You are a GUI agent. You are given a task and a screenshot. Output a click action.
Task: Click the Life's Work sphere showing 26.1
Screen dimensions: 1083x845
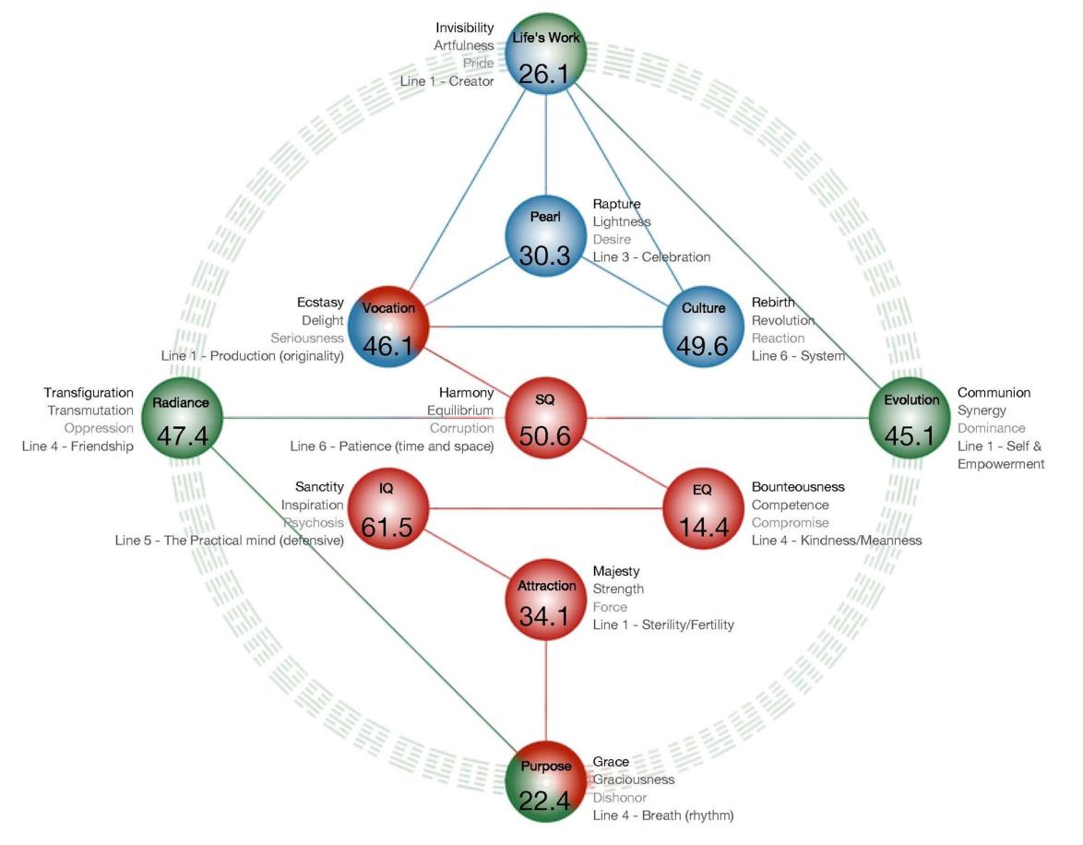(x=545, y=54)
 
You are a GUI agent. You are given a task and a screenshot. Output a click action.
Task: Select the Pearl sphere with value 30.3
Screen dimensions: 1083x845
(x=545, y=236)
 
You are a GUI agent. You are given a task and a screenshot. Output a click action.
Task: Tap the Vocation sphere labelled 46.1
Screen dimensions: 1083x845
(x=389, y=327)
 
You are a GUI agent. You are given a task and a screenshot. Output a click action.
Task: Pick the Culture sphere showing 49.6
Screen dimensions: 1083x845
(x=703, y=327)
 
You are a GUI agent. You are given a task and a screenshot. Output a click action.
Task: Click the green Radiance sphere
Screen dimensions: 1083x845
(x=183, y=418)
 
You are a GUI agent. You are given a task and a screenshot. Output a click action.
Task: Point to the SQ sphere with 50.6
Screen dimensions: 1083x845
(x=545, y=418)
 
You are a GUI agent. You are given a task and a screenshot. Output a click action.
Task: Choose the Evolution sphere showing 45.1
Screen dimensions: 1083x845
(x=910, y=418)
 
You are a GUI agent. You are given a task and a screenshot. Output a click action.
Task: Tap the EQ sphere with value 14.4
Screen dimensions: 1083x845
(x=703, y=508)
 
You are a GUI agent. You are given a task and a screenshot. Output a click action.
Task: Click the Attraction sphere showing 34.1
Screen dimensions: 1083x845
(x=545, y=599)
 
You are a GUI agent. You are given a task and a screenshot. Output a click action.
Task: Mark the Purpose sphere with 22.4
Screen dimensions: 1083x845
(x=545, y=781)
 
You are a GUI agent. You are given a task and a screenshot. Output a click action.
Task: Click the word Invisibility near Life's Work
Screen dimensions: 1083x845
(x=464, y=28)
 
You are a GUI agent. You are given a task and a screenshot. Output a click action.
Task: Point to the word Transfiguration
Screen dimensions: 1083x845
(x=89, y=392)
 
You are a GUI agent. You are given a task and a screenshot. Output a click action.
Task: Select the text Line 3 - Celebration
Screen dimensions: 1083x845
(x=651, y=257)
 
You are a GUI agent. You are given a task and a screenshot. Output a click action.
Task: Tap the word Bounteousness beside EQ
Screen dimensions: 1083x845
(x=798, y=486)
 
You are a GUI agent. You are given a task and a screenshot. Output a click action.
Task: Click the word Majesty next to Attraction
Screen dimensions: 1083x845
(x=616, y=571)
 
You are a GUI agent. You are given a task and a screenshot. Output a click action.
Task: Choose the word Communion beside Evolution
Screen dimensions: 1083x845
(x=994, y=392)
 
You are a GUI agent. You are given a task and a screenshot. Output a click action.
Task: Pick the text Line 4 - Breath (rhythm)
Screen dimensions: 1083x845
(x=663, y=815)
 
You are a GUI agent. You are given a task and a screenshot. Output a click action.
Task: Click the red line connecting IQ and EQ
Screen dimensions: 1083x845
(x=545, y=508)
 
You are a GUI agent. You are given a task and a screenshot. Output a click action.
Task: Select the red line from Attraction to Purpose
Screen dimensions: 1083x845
(x=545, y=690)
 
